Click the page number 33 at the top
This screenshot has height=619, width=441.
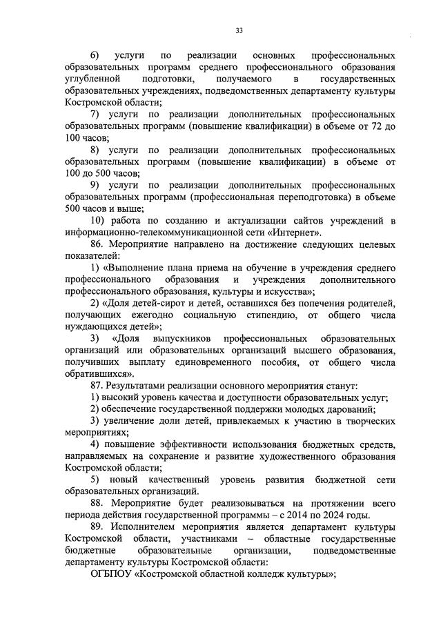tap(239, 30)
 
